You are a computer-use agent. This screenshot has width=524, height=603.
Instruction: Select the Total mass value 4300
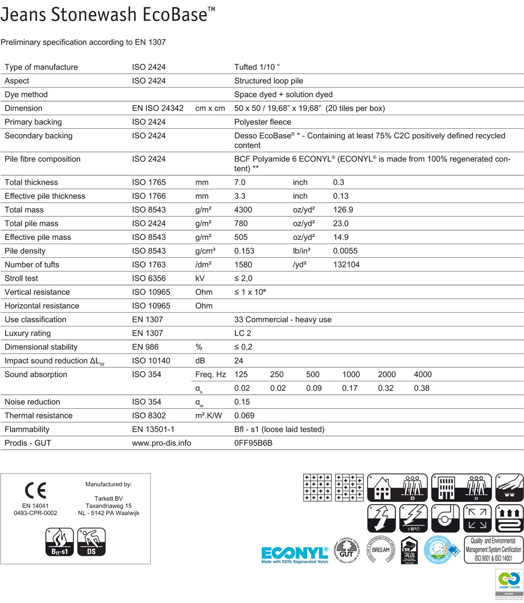click(243, 210)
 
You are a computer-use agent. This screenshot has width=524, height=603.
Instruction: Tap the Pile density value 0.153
click(244, 251)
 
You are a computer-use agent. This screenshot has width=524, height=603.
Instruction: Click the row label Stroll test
click(21, 278)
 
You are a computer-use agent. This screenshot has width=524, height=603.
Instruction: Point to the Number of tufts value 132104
click(346, 265)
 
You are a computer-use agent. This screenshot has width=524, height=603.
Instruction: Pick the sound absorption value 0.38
click(422, 388)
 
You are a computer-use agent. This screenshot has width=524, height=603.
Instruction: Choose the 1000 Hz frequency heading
click(351, 375)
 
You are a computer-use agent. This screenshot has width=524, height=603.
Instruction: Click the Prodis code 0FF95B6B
click(254, 443)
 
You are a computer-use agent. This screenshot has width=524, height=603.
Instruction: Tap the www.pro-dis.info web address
click(161, 443)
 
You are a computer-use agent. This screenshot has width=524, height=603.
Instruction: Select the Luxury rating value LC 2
click(244, 333)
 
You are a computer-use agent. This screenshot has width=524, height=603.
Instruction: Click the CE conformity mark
click(35, 491)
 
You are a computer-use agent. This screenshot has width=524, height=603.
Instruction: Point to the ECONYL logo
click(295, 554)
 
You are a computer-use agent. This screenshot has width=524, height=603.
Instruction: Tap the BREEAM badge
click(380, 550)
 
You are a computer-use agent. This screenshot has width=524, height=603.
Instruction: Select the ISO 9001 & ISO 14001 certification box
click(493, 550)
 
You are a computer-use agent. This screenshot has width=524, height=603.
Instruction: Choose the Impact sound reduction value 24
click(238, 361)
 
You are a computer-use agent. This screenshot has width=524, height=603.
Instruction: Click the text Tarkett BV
click(108, 498)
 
